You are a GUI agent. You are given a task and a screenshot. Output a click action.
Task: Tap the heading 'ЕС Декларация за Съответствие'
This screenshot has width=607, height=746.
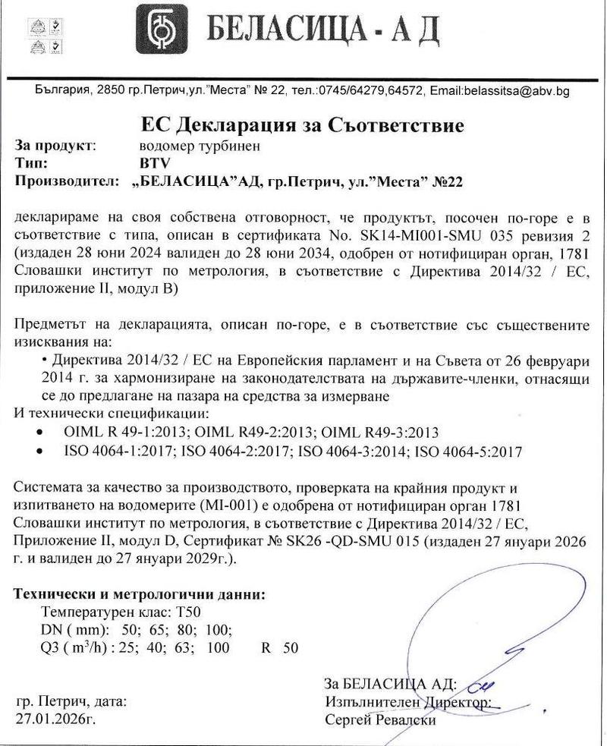(x=302, y=124)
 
